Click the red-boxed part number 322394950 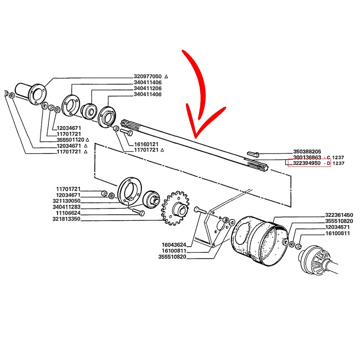(306, 163)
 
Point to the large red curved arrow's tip (195, 138)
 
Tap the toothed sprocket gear (175, 208)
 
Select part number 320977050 (148, 76)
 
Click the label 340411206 (148, 88)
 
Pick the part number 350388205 (307, 152)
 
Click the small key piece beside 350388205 (253, 154)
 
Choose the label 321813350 (66, 219)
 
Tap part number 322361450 (339, 215)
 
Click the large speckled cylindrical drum (260, 241)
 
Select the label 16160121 (146, 144)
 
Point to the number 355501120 (71, 140)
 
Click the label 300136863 (307, 157)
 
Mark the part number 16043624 (174, 245)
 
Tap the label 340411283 (67, 207)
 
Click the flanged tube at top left (31, 93)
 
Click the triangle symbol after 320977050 (166, 76)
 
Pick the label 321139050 (67, 201)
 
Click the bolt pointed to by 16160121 (126, 132)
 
